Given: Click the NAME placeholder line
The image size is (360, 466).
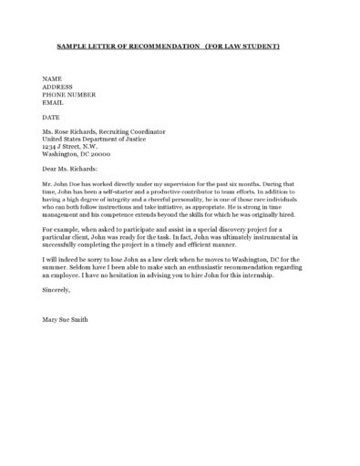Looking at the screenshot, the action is pyautogui.click(x=51, y=79).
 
